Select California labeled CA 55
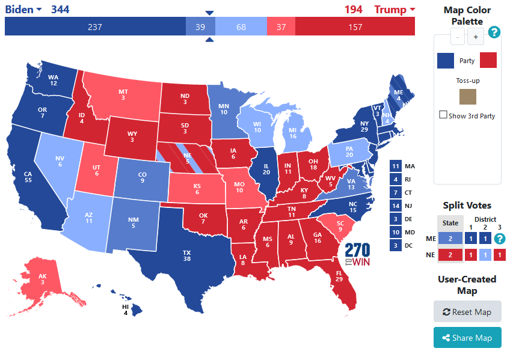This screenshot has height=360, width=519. (30, 177)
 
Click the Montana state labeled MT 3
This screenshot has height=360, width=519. (123, 94)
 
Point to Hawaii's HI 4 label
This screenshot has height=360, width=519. (124, 310)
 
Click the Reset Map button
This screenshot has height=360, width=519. (467, 312)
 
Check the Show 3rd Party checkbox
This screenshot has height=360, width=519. (443, 115)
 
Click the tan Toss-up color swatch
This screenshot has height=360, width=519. (467, 97)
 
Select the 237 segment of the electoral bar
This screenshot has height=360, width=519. (94, 26)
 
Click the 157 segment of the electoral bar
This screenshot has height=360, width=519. (355, 26)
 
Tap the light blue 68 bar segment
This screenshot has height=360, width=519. (241, 26)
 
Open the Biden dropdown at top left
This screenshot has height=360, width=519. (23, 9)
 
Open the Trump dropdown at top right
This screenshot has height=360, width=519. (395, 9)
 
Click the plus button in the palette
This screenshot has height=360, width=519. (476, 37)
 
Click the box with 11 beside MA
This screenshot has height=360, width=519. (395, 166)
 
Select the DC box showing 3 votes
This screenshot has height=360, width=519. (395, 245)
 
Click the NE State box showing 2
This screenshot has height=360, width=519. (450, 254)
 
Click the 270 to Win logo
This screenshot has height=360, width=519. (357, 255)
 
